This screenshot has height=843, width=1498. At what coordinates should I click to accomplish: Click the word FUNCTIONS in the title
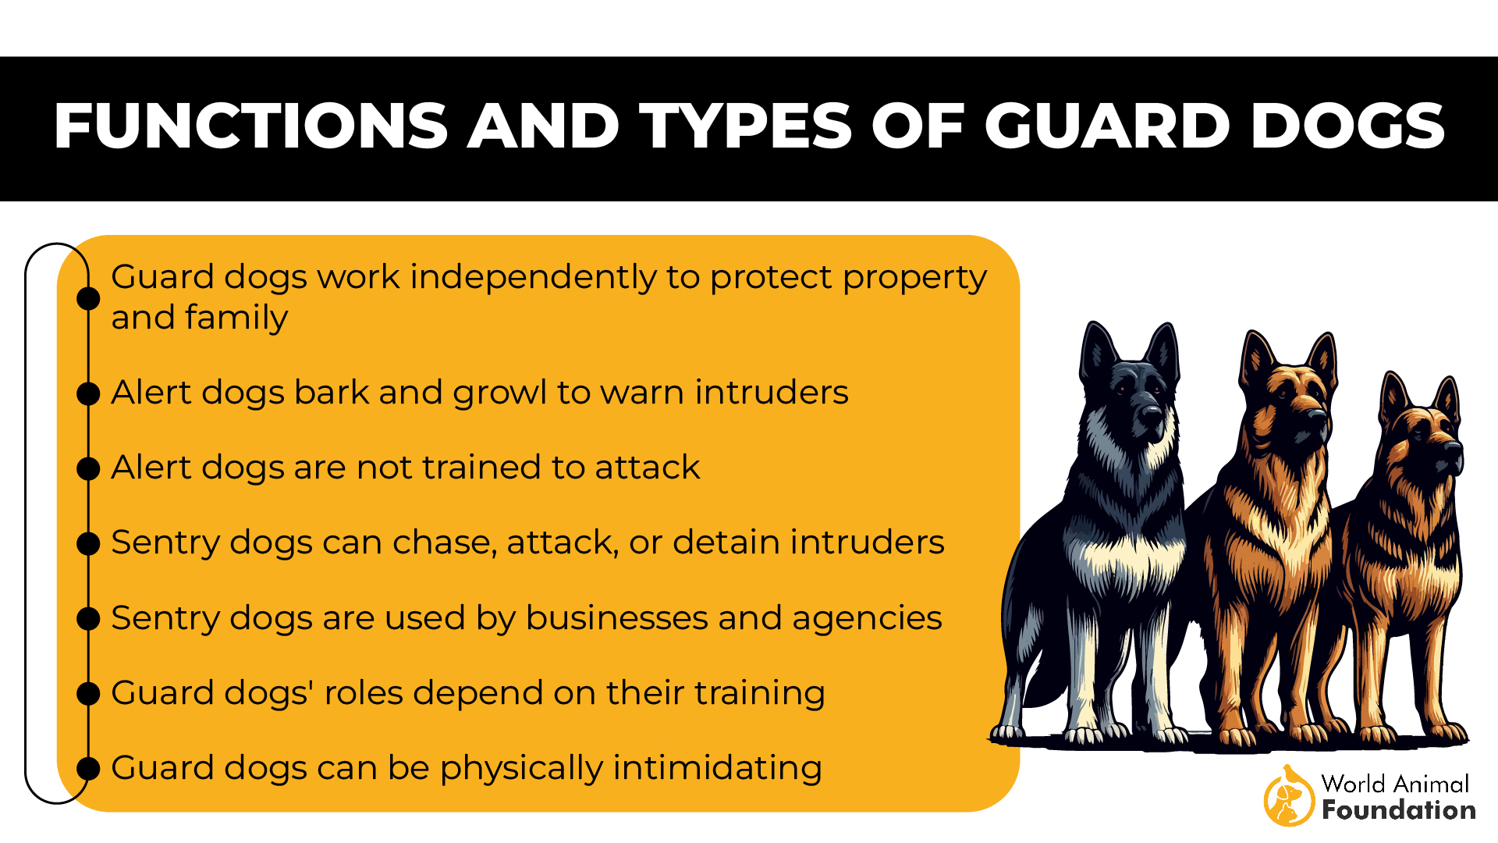pyautogui.click(x=250, y=126)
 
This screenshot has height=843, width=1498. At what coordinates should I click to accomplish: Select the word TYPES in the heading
pyautogui.click(x=746, y=126)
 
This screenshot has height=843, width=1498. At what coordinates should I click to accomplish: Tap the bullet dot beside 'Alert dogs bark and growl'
pyautogui.click(x=88, y=393)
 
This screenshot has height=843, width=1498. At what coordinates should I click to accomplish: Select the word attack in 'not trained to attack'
pyautogui.click(x=647, y=468)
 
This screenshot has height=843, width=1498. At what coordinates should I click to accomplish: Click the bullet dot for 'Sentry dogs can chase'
pyautogui.click(x=88, y=543)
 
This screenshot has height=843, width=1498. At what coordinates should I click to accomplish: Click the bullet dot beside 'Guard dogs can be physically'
pyautogui.click(x=88, y=768)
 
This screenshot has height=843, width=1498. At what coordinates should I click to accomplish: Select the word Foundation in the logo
pyautogui.click(x=1398, y=810)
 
